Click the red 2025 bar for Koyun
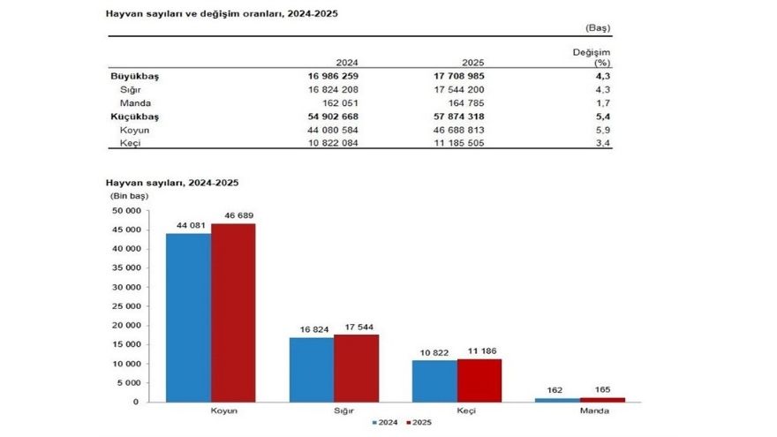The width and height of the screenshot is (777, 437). pyautogui.click(x=233, y=313)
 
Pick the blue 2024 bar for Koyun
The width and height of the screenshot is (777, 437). pyautogui.click(x=189, y=317)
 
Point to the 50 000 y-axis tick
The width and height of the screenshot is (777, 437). pyautogui.click(x=124, y=211)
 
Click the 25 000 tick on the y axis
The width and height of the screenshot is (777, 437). pyautogui.click(x=124, y=306)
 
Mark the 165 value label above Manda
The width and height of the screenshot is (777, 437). pyautogui.click(x=603, y=388)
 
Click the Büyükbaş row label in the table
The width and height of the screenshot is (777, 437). pyautogui.click(x=128, y=76)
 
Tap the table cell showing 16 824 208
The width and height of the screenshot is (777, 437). pyautogui.click(x=334, y=90)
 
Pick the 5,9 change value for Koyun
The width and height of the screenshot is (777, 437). pyautogui.click(x=602, y=130)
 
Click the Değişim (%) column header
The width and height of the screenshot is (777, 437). pyautogui.click(x=592, y=57)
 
